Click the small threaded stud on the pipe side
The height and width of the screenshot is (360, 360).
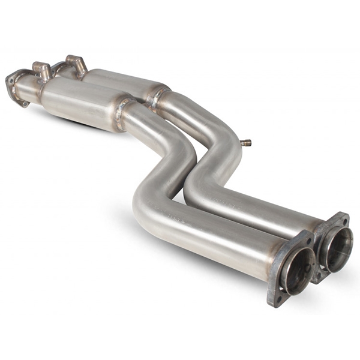click(245, 143)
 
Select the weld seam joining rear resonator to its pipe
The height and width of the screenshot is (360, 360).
click(157, 95)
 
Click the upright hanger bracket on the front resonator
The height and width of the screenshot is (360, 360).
click(43, 70)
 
